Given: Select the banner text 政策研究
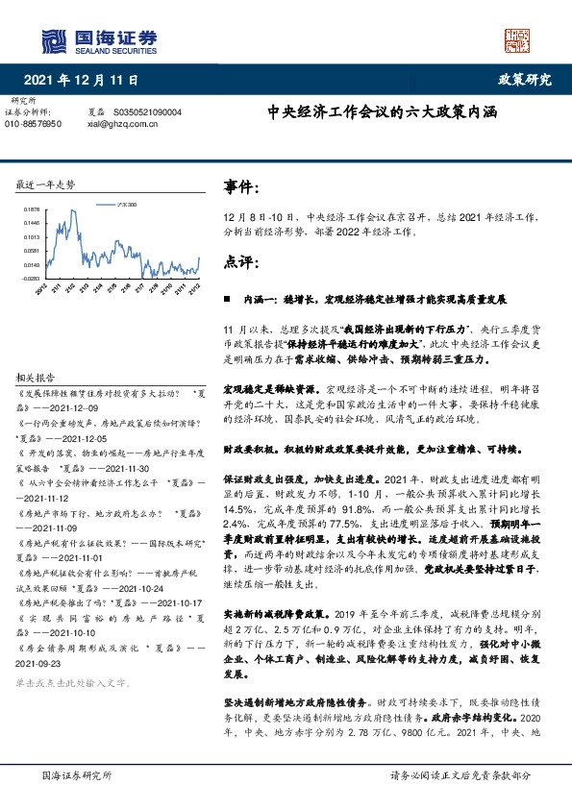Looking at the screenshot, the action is (x=525, y=80).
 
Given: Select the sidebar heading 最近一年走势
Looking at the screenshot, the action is (x=46, y=183).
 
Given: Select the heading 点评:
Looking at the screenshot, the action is (x=241, y=261).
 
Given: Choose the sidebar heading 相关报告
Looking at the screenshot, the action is (x=37, y=378).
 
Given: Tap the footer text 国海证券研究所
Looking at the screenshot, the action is (x=78, y=773).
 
